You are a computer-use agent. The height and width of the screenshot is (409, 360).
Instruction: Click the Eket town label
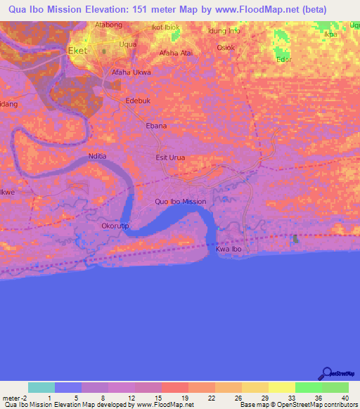point(77,51)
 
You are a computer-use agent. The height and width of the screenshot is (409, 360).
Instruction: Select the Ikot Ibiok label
point(166,27)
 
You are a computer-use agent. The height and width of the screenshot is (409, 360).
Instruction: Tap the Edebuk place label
point(138,101)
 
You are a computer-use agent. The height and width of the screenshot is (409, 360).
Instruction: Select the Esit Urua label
point(170,157)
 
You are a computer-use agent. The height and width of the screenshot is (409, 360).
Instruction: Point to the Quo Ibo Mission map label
point(181,202)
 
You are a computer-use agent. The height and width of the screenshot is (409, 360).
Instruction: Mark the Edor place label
point(284,60)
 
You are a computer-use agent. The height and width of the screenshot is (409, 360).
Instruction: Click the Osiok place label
point(226,47)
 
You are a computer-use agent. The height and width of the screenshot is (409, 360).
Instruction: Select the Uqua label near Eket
point(128,44)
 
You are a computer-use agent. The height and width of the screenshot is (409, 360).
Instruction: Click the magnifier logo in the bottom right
point(327,373)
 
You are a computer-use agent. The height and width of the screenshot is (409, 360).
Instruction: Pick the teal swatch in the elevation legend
point(41,387)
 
